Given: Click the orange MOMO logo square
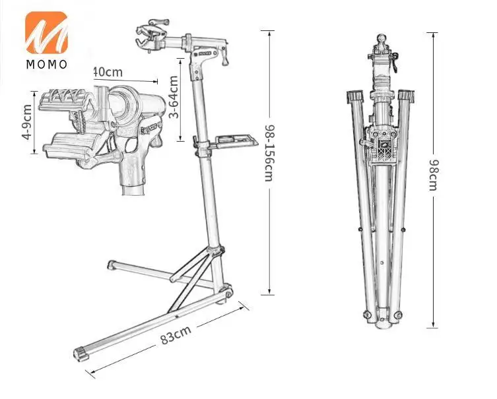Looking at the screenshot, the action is tap(46, 32).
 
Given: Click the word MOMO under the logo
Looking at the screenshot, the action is tap(47, 65).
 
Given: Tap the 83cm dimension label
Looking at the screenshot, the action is tap(176, 335).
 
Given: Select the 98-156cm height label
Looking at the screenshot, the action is tap(269, 153).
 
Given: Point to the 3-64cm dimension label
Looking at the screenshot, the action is tap(173, 97).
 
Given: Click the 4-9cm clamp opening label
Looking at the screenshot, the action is tap(26, 122).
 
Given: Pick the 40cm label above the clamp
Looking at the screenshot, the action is tap(108, 72).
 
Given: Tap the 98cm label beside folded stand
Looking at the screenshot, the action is tap(433, 175).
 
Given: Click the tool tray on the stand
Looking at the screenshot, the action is tap(236, 140).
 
